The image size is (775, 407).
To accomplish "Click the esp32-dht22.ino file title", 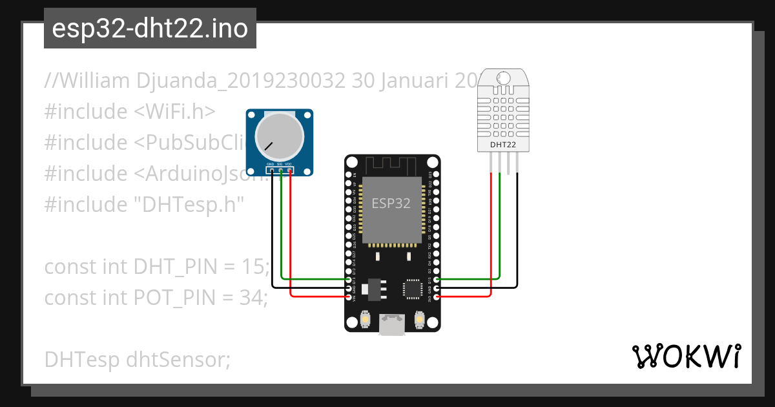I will (150, 28).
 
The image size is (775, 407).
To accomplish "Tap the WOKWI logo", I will (686, 356).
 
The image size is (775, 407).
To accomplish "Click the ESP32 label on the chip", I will (391, 203).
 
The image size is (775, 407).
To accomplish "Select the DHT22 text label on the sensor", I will (503, 145).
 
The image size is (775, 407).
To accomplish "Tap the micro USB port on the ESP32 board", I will (392, 325).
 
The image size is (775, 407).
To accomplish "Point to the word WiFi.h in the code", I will (174, 112).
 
